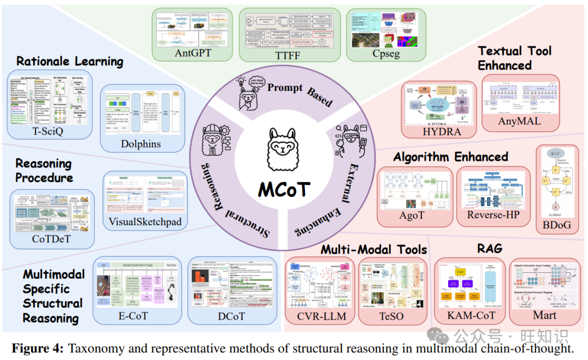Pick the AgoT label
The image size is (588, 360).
tap(415, 215)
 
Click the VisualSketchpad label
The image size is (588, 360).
tap(145, 222)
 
